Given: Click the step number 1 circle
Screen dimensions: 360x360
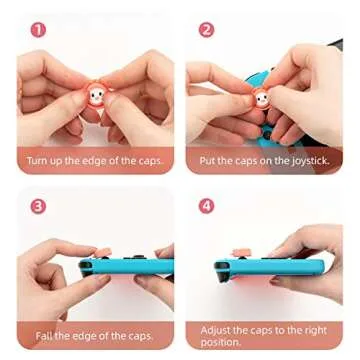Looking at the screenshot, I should [37, 30].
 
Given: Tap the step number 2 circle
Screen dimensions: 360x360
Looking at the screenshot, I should [206, 30].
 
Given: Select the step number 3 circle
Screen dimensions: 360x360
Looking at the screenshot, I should [37, 206].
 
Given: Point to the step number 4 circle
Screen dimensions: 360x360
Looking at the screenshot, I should [206, 206].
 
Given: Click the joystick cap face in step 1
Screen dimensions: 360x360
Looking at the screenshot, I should [93, 102].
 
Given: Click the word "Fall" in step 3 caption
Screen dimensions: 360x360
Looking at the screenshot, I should [44, 336].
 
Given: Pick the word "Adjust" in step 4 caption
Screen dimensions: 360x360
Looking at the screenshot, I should [217, 329].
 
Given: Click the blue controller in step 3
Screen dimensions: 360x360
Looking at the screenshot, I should [126, 267].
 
